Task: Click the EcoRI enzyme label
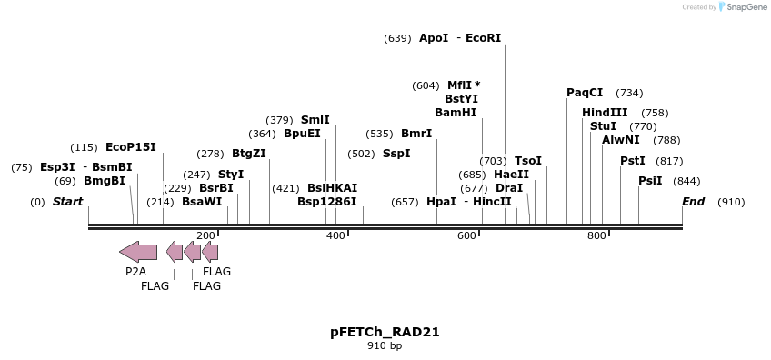483,38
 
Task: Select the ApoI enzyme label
433,38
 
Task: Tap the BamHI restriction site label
456,113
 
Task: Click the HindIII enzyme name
605,113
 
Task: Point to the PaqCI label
585,93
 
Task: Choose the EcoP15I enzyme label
131,147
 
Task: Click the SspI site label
396,154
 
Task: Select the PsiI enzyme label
650,181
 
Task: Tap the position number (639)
397,38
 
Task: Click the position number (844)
686,181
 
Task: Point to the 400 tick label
335,236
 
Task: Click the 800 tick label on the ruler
596,236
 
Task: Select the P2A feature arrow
137,252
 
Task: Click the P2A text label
135,272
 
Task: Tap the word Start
67,202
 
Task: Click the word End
694,202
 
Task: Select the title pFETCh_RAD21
385,332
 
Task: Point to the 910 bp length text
385,345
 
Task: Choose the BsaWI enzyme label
202,202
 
